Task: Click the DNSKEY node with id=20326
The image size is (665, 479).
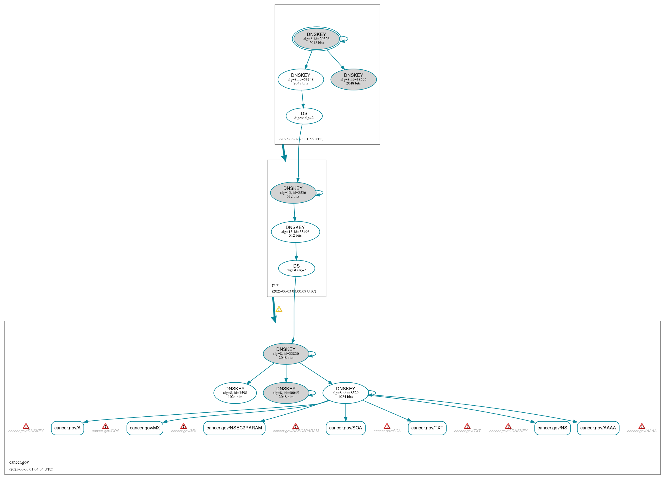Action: pyautogui.click(x=317, y=39)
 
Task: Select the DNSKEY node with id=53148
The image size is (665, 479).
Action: pyautogui.click(x=301, y=80)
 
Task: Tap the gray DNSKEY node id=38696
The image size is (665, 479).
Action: pyautogui.click(x=353, y=80)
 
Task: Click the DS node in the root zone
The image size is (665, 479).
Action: pyautogui.click(x=304, y=116)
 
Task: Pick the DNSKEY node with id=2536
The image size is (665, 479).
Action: pyautogui.click(x=293, y=192)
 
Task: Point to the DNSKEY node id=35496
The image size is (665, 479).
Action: pyautogui.click(x=295, y=232)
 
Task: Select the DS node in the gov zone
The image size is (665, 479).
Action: pyautogui.click(x=296, y=268)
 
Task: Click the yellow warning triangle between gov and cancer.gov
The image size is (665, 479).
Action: pyautogui.click(x=279, y=309)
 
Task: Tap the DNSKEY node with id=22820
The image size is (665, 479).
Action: pyautogui.click(x=286, y=353)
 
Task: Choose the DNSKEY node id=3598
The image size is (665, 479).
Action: pyautogui.click(x=235, y=393)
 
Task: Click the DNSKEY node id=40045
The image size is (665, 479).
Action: pyautogui.click(x=286, y=393)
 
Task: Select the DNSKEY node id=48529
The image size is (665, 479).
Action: pyautogui.click(x=345, y=393)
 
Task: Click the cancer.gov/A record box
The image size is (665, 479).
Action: pyautogui.click(x=67, y=428)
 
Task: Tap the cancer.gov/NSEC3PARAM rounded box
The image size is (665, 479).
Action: pyautogui.click(x=234, y=428)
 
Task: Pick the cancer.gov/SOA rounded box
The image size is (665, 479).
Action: pyautogui.click(x=345, y=428)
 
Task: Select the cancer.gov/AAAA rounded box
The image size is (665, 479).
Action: pyautogui.click(x=598, y=428)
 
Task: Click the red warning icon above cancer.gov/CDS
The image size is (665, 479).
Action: pyautogui.click(x=105, y=426)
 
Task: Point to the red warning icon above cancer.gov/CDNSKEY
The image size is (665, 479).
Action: pyautogui.click(x=508, y=426)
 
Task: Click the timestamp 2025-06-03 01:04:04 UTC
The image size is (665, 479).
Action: pyautogui.click(x=31, y=469)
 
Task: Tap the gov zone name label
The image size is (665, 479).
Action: pyautogui.click(x=275, y=284)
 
